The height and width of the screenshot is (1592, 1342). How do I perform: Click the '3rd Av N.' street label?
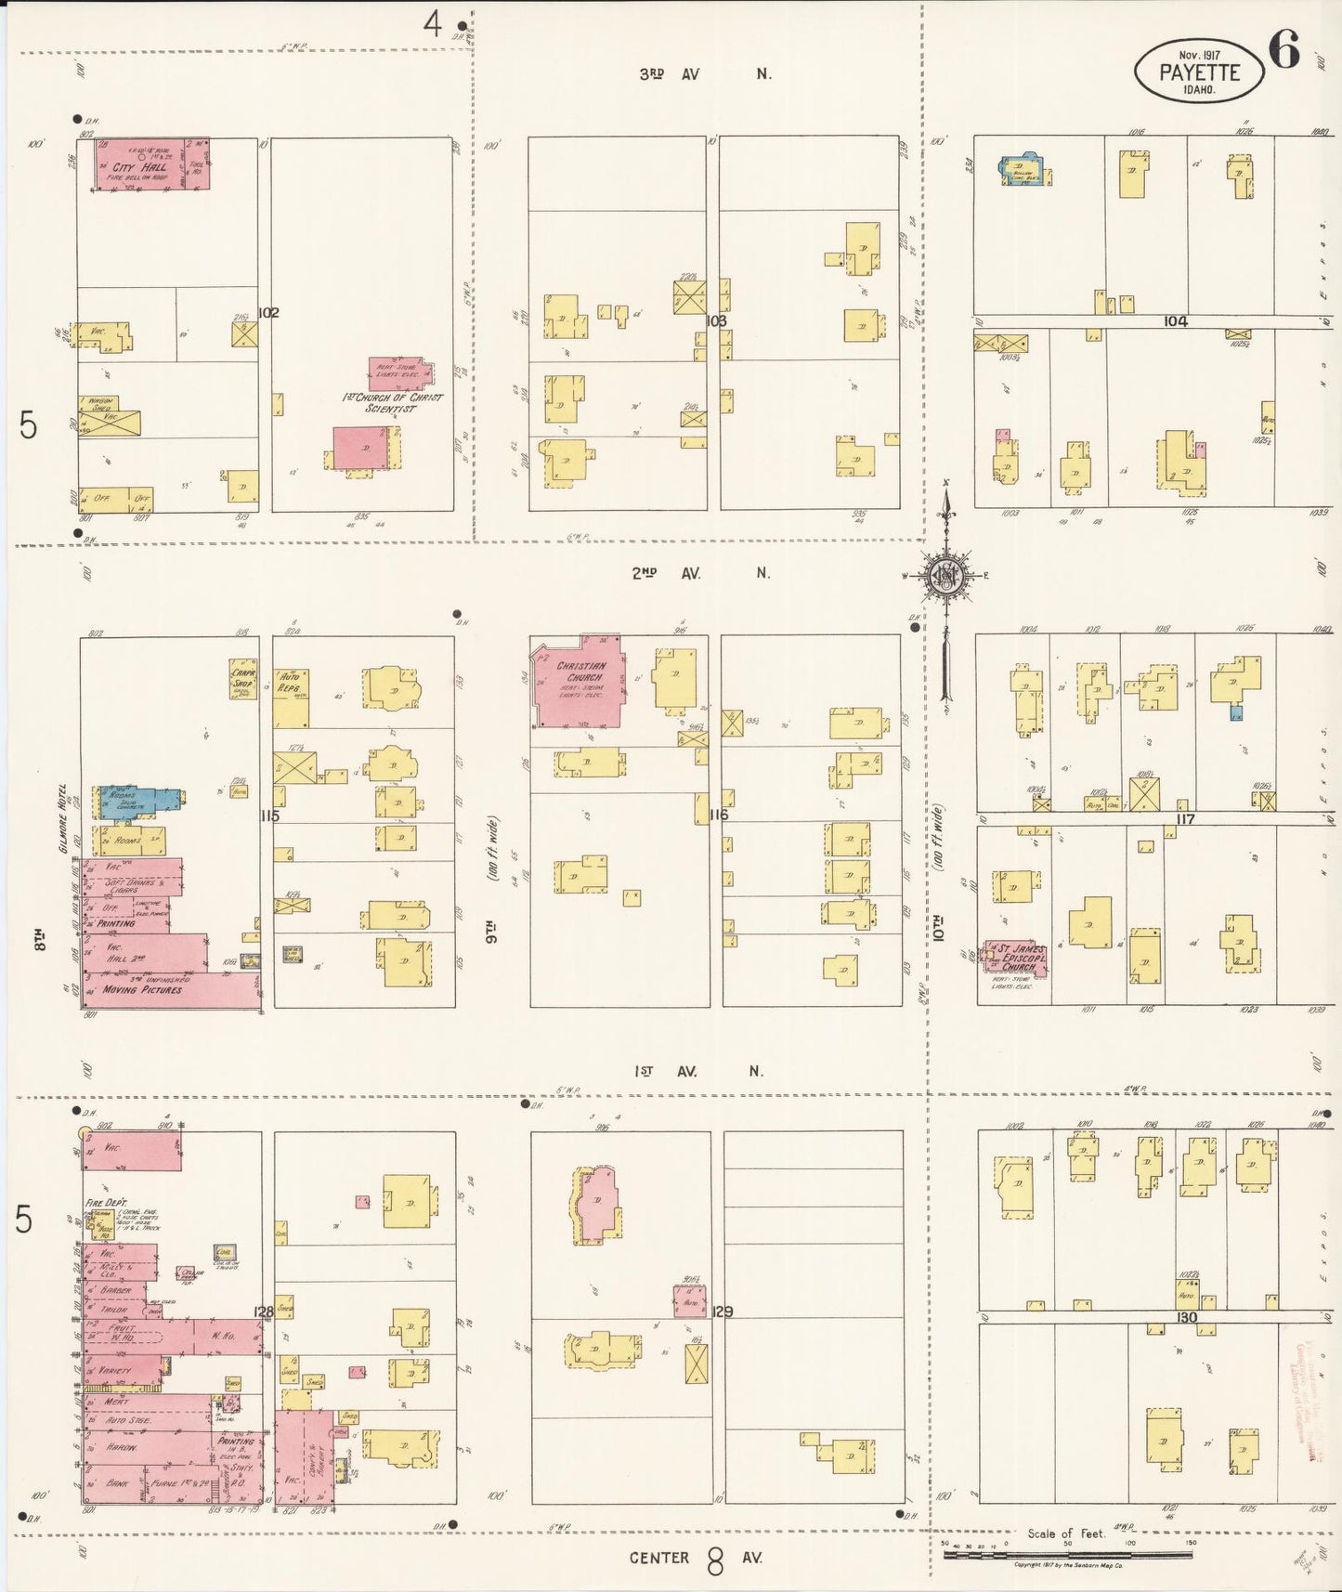[x=704, y=74]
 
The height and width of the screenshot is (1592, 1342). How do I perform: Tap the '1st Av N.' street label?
[x=698, y=1071]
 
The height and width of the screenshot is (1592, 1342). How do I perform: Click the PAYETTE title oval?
[x=1198, y=68]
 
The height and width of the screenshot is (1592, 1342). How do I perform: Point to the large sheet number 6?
[x=1283, y=50]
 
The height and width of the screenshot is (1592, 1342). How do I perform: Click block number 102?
[x=268, y=313]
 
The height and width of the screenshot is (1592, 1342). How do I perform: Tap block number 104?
[x=1175, y=321]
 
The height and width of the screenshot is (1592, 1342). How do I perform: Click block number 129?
[x=722, y=1311]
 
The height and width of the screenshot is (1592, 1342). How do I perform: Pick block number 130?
[x=1186, y=1317]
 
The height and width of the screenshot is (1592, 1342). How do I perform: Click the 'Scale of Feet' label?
[x=1066, y=1533]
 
